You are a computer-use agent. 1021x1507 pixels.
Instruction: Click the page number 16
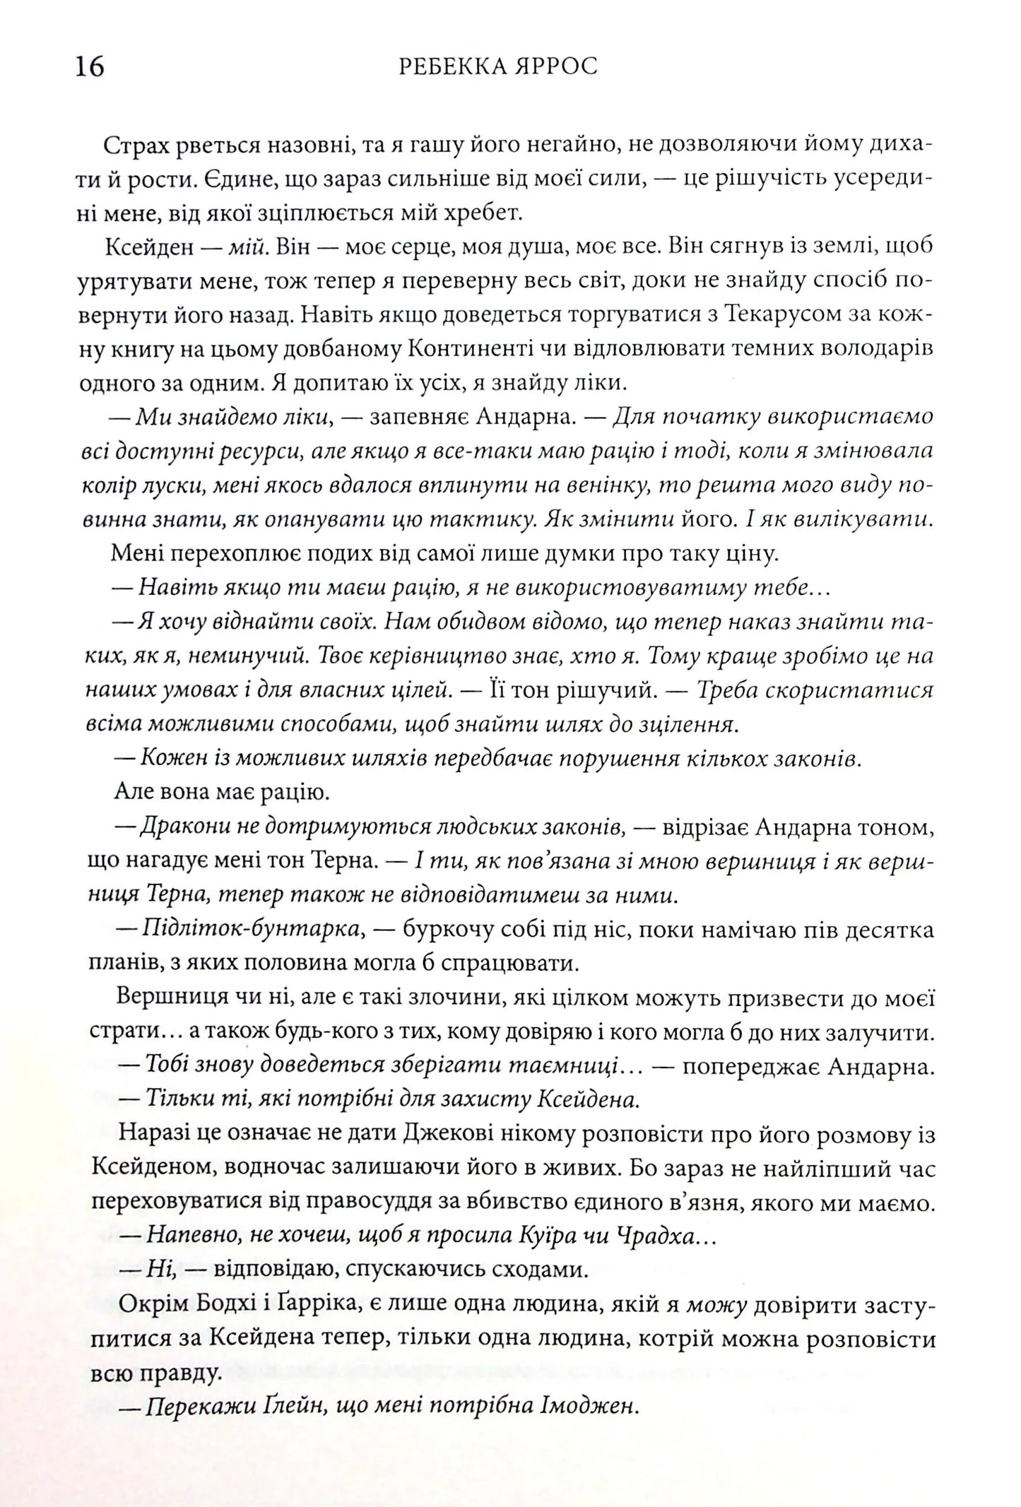pos(88,66)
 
